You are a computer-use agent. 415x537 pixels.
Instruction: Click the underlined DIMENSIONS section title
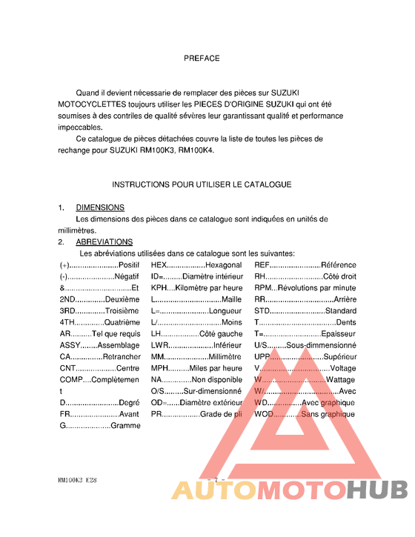(x=100, y=207)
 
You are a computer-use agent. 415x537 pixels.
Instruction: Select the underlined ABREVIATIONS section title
(x=104, y=241)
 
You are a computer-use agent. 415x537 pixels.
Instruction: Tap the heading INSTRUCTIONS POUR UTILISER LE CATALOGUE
(x=202, y=184)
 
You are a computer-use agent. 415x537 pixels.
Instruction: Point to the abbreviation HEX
(x=159, y=264)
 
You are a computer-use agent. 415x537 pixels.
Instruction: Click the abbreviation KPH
(x=159, y=287)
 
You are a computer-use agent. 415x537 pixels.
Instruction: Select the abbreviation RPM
(x=263, y=287)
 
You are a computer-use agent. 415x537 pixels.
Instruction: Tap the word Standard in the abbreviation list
(x=340, y=310)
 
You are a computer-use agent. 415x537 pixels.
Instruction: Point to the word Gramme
(x=125, y=426)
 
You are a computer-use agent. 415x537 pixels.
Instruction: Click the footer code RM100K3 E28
(x=77, y=480)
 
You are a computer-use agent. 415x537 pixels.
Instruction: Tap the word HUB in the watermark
(x=377, y=490)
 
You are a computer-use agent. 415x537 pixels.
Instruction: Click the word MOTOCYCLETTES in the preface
(x=93, y=104)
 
